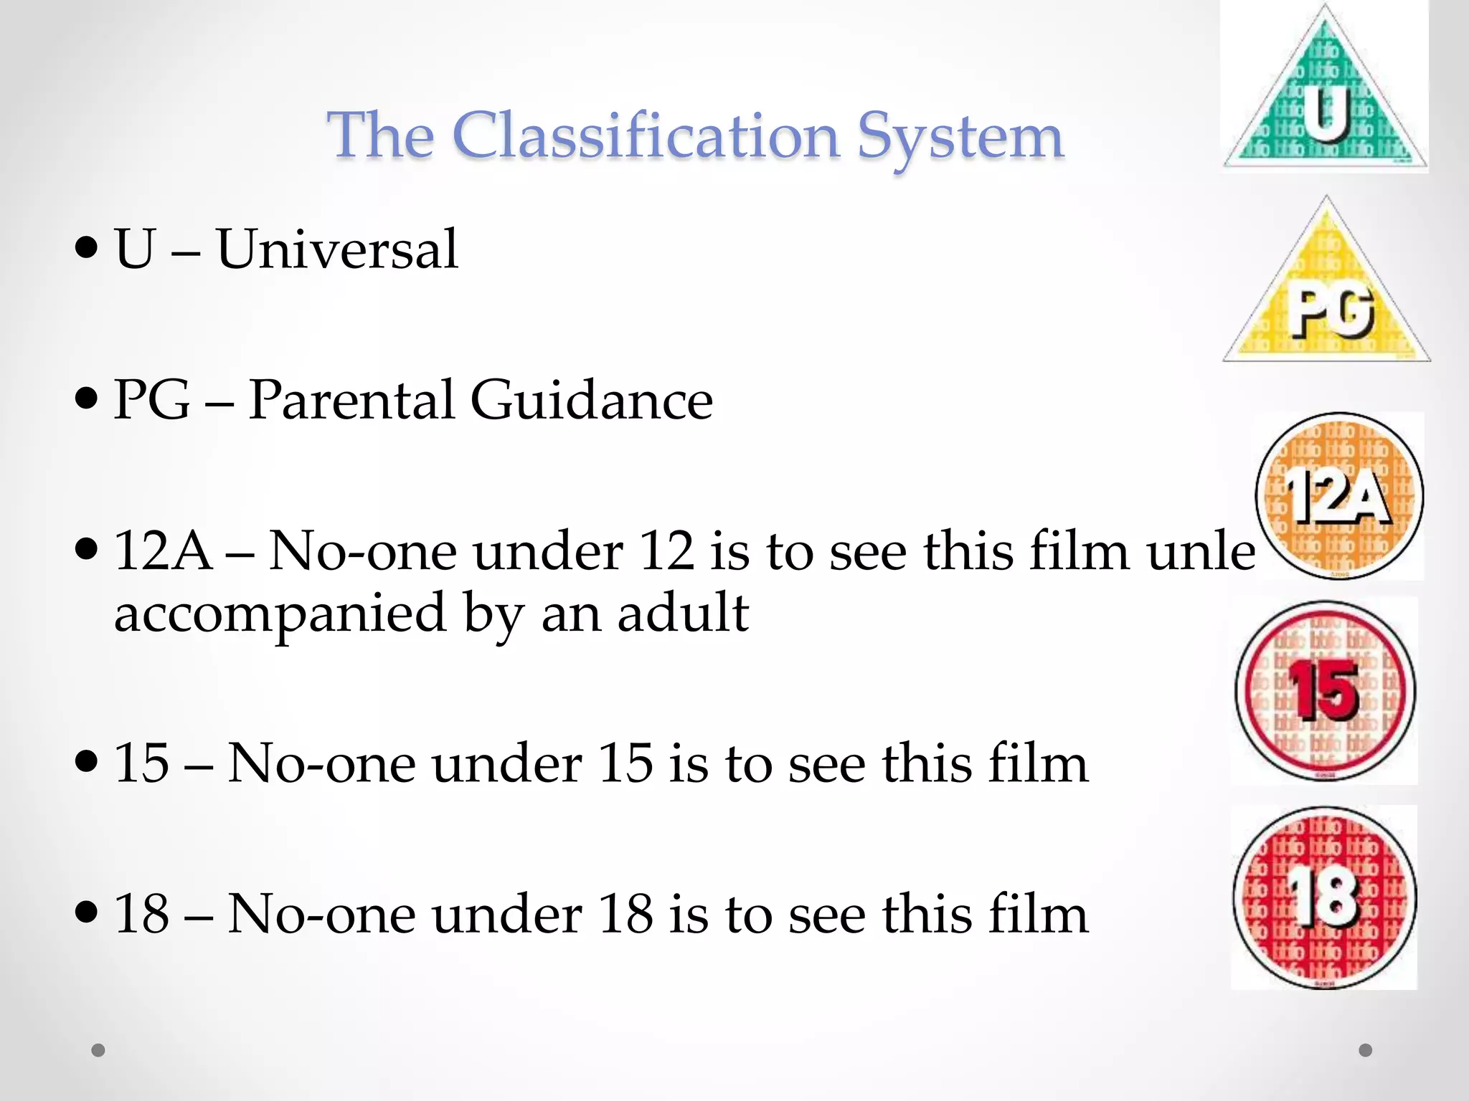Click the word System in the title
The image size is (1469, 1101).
click(x=960, y=138)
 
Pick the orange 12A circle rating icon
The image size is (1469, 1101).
click(x=1339, y=496)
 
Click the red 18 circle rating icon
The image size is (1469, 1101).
click(x=1325, y=897)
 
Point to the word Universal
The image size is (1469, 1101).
click(x=337, y=249)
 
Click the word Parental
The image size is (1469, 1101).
click(x=351, y=399)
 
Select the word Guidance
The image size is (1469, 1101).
click(x=592, y=399)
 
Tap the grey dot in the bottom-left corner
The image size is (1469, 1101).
click(x=98, y=1050)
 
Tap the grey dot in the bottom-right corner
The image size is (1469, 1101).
click(x=1366, y=1050)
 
